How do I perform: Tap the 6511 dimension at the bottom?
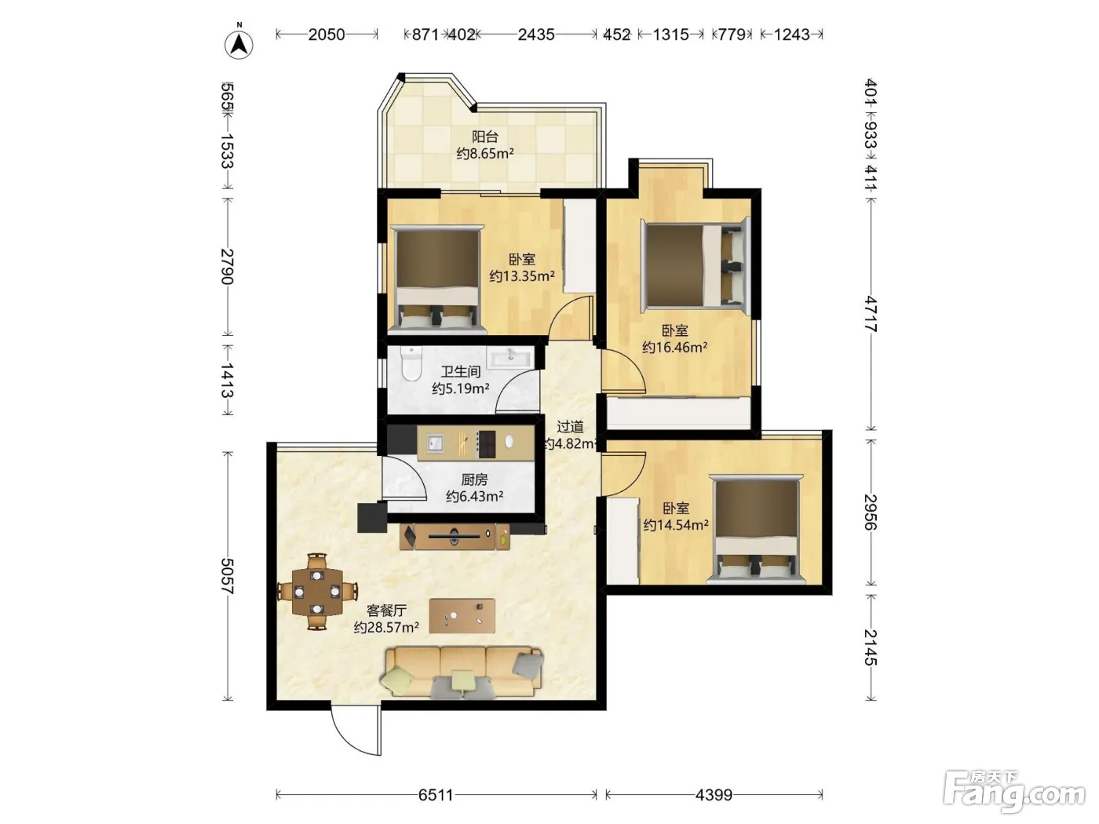point(435,794)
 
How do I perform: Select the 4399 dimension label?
point(714,794)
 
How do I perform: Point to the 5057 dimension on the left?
point(228,576)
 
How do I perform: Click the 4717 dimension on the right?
point(871,314)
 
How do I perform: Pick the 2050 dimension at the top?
point(327,35)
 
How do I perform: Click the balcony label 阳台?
point(484,137)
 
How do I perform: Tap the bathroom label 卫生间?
point(461,371)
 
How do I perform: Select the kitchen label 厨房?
point(474,479)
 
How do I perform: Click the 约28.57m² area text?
point(386,627)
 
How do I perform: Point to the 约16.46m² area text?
point(674,347)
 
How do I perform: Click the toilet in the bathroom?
point(411,363)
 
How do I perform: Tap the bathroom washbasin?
point(509,358)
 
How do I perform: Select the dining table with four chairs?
point(317,592)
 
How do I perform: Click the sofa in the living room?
point(462,673)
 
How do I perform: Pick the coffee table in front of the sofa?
point(462,616)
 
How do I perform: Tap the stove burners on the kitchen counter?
point(487,444)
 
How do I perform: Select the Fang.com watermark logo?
point(1014,792)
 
